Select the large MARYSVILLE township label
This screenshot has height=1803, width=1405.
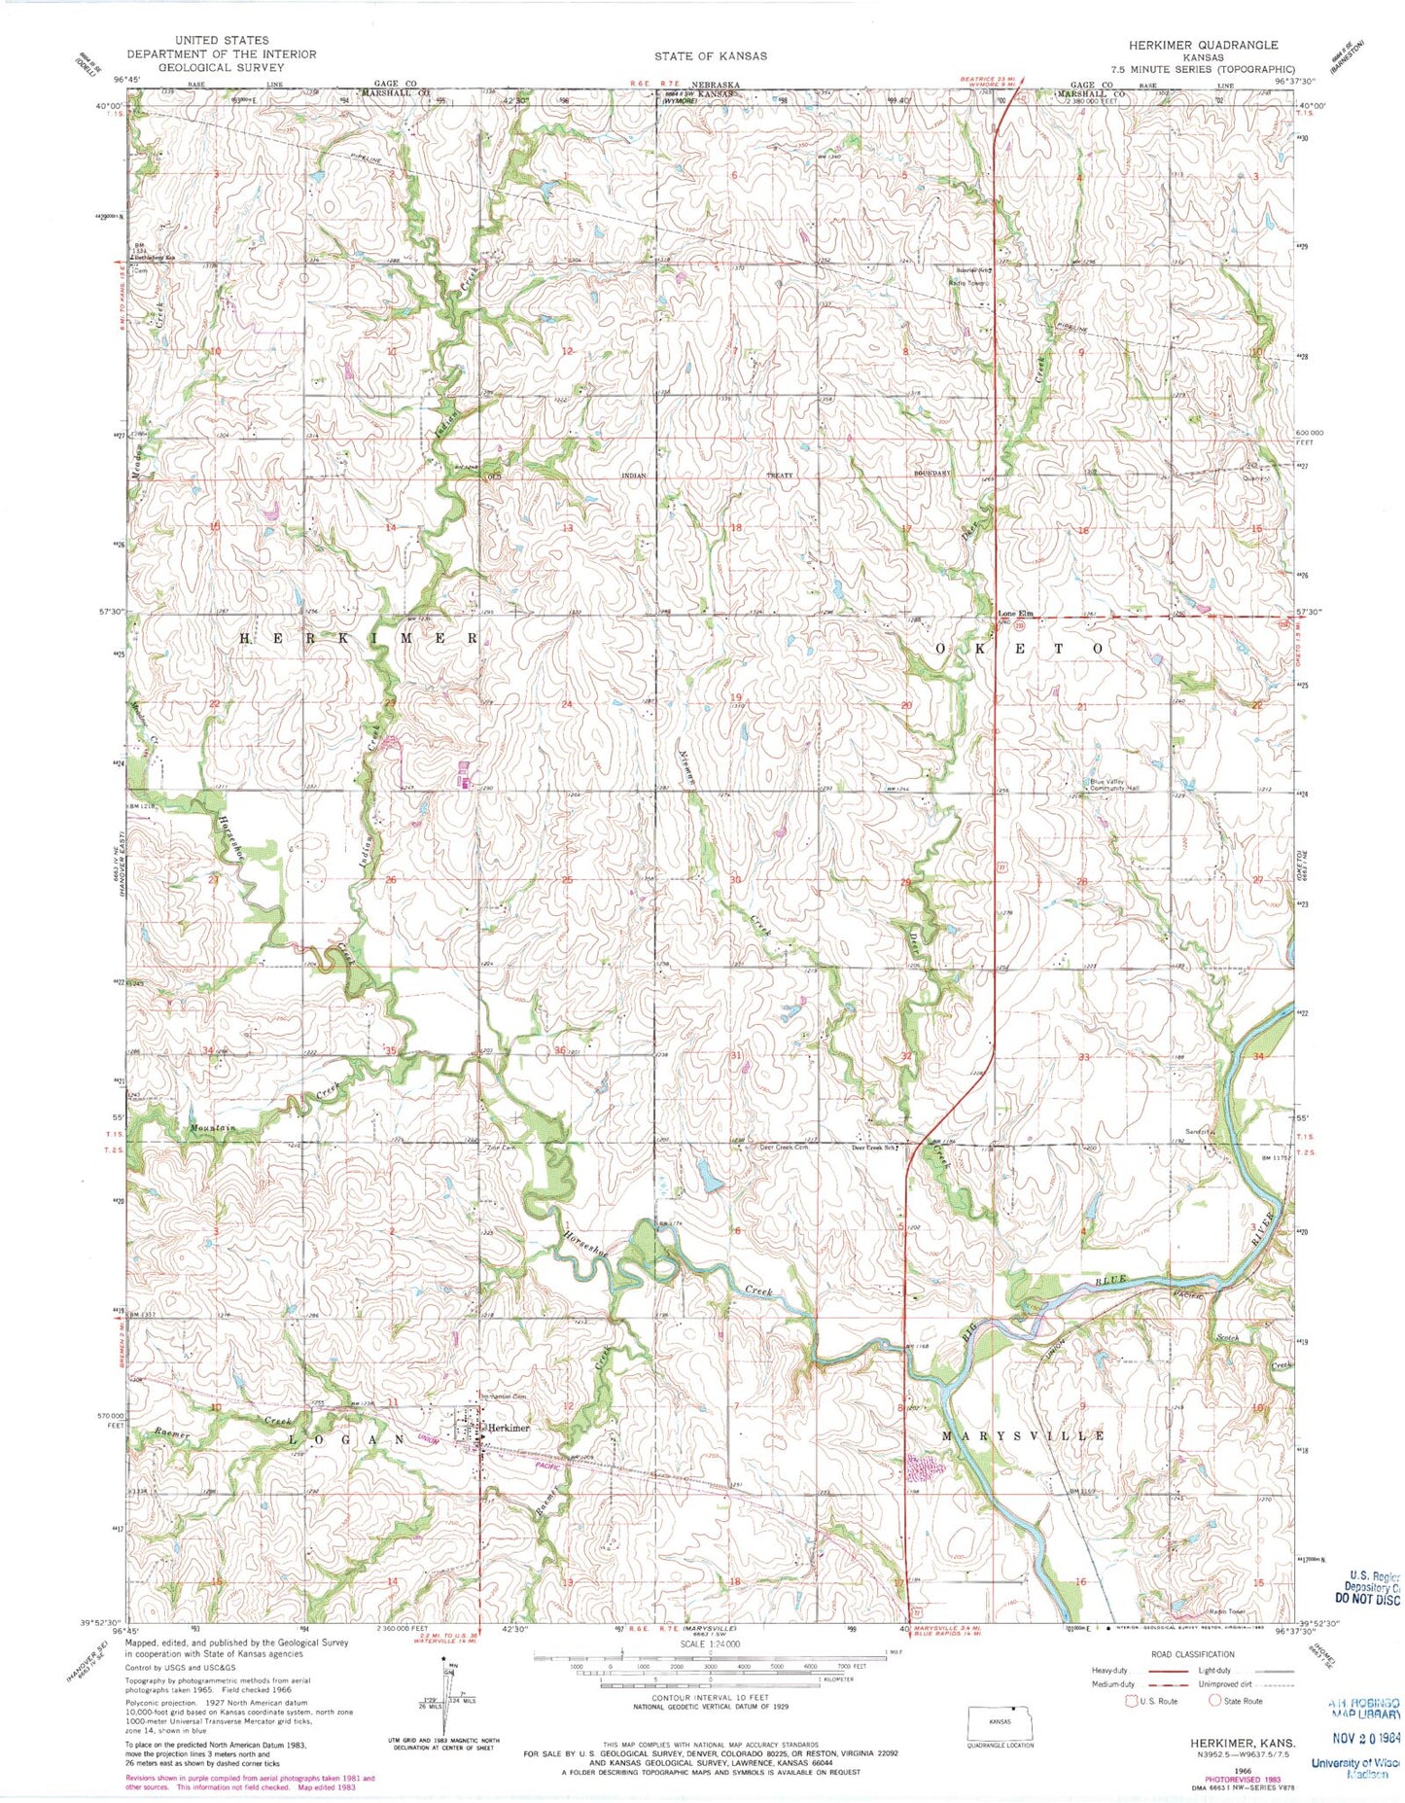click(x=1022, y=1435)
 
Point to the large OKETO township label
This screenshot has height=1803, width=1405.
click(x=1020, y=648)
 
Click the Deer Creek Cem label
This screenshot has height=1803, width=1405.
click(x=784, y=1148)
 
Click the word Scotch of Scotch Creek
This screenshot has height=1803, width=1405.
click(x=1227, y=1337)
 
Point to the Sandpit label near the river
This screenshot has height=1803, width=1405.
click(x=1198, y=1132)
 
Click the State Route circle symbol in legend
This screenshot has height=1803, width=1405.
click(x=1214, y=1701)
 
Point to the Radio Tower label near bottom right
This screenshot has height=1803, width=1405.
click(x=1228, y=1610)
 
